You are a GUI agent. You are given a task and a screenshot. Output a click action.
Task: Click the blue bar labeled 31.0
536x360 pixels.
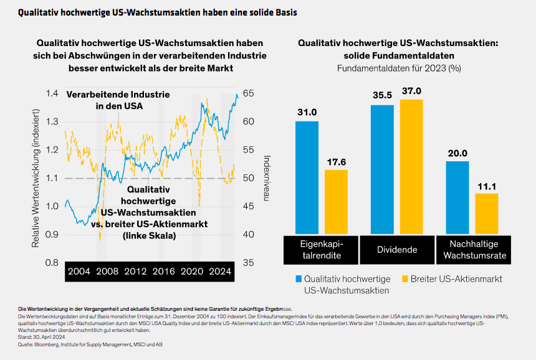(307, 178)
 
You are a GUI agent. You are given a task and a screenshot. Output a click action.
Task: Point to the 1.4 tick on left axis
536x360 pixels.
(53, 93)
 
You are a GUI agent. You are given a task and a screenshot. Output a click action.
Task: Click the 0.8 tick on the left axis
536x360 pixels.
(53, 263)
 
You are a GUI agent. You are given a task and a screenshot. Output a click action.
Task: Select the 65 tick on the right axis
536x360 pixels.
(249, 93)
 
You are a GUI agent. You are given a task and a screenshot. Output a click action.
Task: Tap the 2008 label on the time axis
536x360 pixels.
(107, 272)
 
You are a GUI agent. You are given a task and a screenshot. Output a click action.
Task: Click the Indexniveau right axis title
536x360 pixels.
(267, 178)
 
